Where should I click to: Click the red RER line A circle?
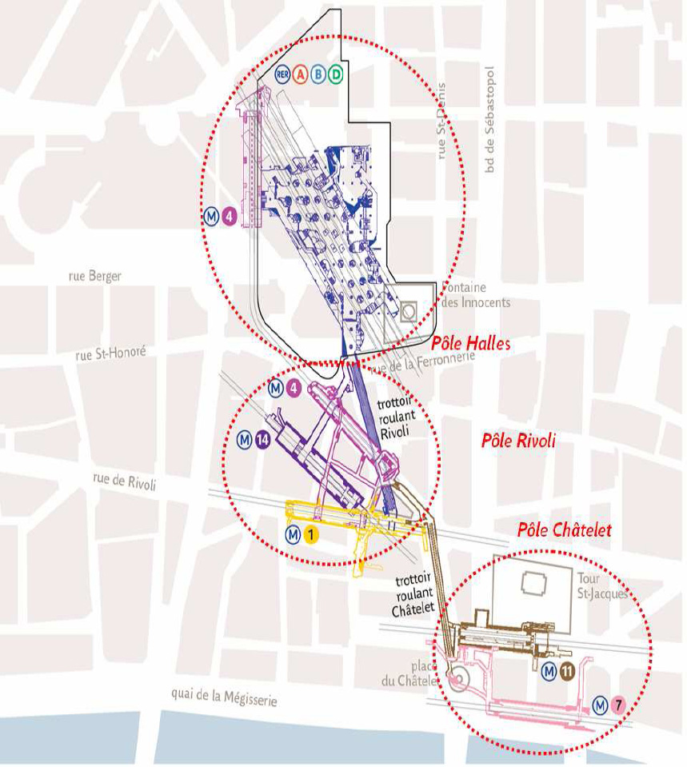coord(301,74)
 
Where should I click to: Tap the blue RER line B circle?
coord(318,74)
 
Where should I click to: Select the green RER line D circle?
coord(336,74)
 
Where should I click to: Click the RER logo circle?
coord(282,74)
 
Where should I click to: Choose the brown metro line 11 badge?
coord(566,672)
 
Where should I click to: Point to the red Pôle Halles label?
coord(470,343)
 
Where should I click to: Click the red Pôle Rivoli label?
coord(517,441)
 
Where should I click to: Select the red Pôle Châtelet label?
coord(564,529)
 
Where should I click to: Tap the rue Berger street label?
coord(95,277)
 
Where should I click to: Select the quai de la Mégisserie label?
coord(224,698)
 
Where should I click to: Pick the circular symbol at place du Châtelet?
coord(458,681)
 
